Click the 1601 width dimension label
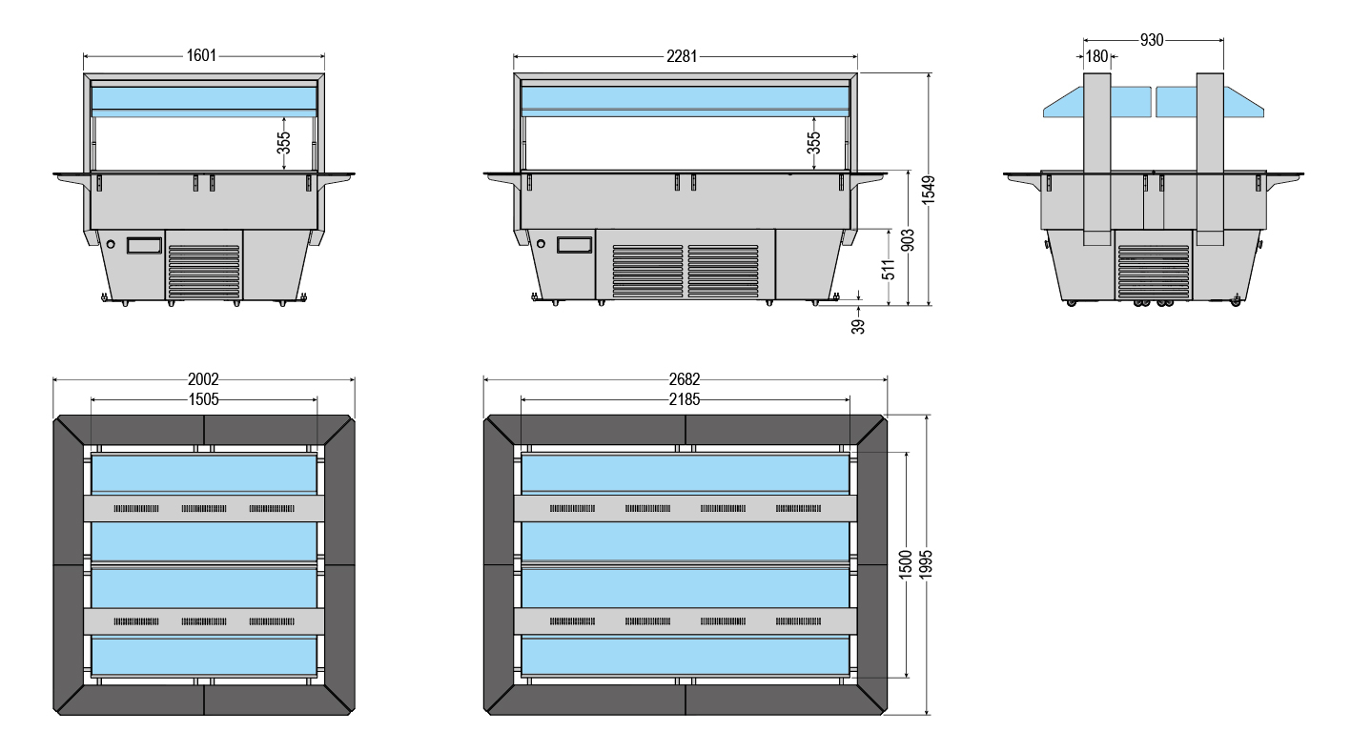point(201,55)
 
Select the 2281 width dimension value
point(682,56)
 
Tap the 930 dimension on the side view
point(1152,40)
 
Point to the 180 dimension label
point(1097,56)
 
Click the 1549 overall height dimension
point(929,190)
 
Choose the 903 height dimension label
point(908,240)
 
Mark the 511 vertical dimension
point(889,270)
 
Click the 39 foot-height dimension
point(858,326)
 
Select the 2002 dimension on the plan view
point(203,379)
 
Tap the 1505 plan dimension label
point(203,399)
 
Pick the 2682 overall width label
point(685,379)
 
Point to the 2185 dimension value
point(685,399)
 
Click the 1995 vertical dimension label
point(926,564)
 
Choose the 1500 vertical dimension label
point(906,564)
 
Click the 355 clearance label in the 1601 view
point(283,143)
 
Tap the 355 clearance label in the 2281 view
point(813,143)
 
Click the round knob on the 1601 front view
point(111,244)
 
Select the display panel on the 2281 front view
point(574,244)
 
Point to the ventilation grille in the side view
point(1154,272)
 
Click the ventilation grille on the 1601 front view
point(204,271)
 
